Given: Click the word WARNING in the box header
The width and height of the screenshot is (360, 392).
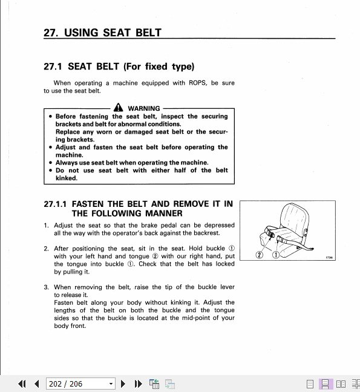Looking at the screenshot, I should click(144, 108).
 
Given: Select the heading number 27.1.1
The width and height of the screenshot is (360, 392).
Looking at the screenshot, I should click(56, 204).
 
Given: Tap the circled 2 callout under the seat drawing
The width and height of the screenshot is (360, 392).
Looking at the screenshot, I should click(259, 255).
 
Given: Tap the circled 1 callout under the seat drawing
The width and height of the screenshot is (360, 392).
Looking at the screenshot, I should click(275, 255).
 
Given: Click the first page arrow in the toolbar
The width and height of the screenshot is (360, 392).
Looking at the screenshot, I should click(22, 384).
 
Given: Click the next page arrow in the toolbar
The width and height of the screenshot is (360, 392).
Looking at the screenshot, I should click(123, 384).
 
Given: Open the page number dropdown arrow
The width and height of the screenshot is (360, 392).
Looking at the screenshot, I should click(111, 384).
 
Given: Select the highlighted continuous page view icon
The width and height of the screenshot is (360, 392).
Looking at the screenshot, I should click(325, 384).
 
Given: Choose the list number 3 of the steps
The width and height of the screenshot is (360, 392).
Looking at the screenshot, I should click(46, 287).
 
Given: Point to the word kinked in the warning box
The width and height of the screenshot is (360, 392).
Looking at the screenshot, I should click(67, 178).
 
